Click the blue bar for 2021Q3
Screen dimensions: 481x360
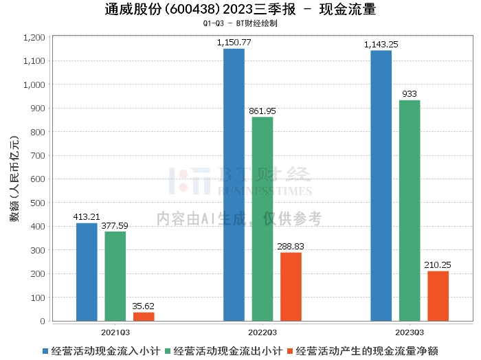click(x=87, y=272)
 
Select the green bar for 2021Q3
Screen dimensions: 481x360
click(x=115, y=276)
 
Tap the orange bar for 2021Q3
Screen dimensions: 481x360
click(x=144, y=317)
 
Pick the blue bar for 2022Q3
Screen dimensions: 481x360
click(x=234, y=185)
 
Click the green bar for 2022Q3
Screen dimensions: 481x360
click(x=262, y=219)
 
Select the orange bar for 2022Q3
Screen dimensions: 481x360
click(x=291, y=286)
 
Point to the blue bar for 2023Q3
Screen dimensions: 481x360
click(x=381, y=185)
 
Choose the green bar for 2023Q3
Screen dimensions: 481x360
click(x=410, y=211)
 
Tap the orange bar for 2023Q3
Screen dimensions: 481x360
click(x=438, y=296)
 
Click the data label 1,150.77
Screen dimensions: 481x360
click(x=234, y=43)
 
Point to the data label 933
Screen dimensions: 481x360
click(x=410, y=94)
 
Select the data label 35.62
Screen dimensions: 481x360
click(x=143, y=306)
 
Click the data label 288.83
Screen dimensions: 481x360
click(x=291, y=246)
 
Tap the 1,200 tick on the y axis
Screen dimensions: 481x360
click(x=34, y=37)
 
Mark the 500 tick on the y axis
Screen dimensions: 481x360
click(x=38, y=203)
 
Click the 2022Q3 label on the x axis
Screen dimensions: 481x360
click(x=262, y=333)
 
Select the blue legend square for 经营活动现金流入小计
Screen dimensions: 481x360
click(x=45, y=351)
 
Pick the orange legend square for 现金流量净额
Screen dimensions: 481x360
click(x=290, y=351)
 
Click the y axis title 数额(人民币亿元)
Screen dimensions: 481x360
click(x=14, y=179)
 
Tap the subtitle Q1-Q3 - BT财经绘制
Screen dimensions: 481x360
click(x=240, y=23)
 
